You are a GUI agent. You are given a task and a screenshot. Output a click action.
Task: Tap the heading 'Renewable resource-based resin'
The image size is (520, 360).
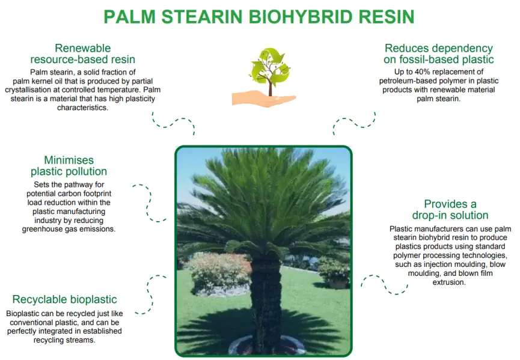click(83, 53)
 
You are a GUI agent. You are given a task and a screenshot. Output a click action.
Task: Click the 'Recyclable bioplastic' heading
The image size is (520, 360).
click(64, 299)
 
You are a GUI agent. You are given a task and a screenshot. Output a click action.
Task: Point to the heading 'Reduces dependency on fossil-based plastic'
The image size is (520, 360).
click(438, 53)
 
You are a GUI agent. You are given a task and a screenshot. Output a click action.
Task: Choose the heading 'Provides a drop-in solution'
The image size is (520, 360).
click(450, 210)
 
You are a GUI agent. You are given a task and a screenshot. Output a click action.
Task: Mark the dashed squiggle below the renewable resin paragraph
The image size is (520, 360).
click(173, 122)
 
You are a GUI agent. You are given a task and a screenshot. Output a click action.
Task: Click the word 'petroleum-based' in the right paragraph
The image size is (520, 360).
click(413, 81)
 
